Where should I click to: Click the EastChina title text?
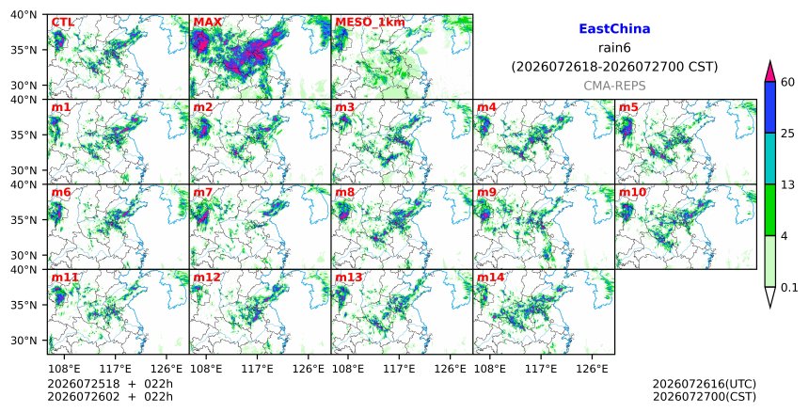click(614, 29)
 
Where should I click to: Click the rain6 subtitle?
click(614, 48)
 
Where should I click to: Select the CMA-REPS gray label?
click(614, 86)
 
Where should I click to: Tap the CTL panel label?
click(62, 23)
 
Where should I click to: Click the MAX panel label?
click(207, 23)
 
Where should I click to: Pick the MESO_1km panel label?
click(370, 23)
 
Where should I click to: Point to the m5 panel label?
click(628, 107)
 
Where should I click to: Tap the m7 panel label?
click(203, 192)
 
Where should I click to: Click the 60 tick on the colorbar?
click(787, 82)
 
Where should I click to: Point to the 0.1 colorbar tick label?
click(789, 288)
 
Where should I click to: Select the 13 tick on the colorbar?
click(787, 184)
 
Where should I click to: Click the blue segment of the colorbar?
click(770, 107)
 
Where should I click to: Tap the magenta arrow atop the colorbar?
click(770, 72)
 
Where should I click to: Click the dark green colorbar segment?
click(770, 210)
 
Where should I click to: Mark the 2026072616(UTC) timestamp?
click(705, 384)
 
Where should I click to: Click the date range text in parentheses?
click(614, 67)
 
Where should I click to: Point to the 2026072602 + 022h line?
click(110, 397)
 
